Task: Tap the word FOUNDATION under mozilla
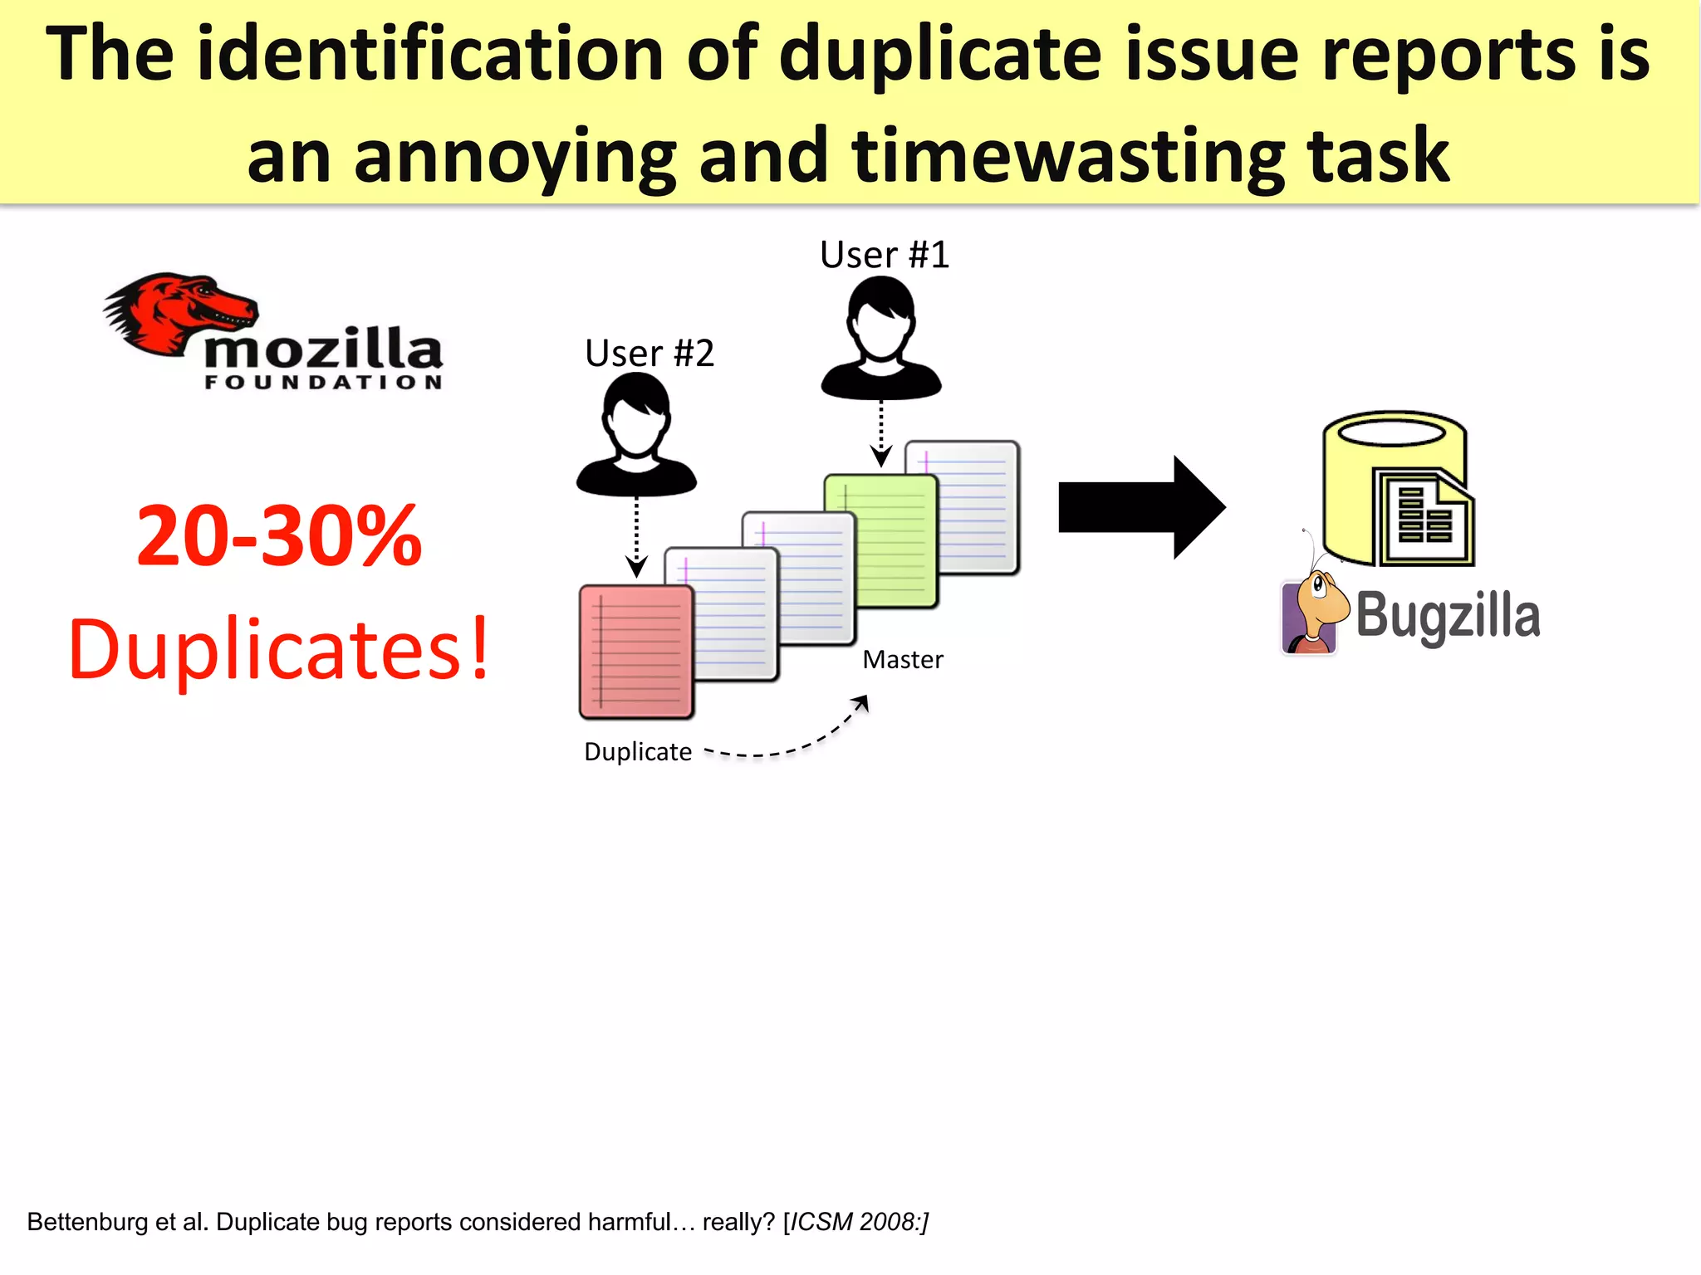(323, 383)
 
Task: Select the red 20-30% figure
(279, 536)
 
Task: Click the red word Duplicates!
(279, 650)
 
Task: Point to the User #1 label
(884, 255)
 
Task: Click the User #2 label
(649, 354)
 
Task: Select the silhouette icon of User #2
(636, 435)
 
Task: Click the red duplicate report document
(636, 652)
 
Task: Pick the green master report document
(880, 540)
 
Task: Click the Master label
(903, 660)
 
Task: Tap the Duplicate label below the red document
(638, 752)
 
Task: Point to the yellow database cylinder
(1395, 486)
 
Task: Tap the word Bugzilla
(1448, 616)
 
